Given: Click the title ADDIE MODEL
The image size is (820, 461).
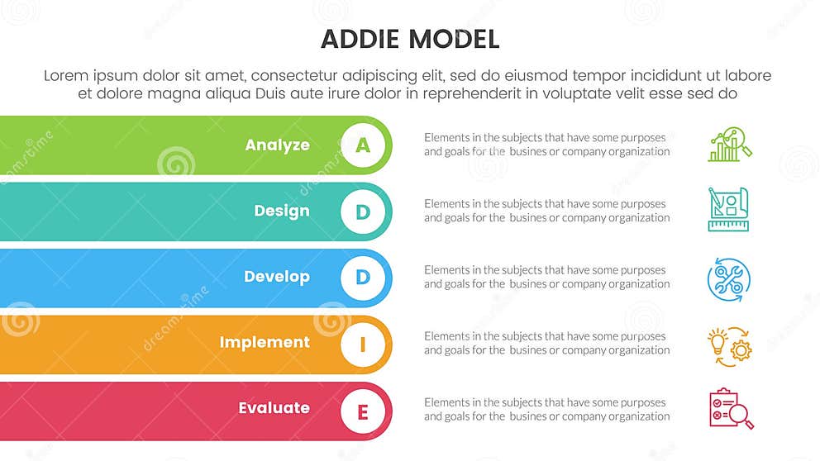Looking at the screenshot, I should pyautogui.click(x=409, y=39).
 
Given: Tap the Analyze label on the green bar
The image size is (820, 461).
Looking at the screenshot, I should pyautogui.click(x=277, y=145).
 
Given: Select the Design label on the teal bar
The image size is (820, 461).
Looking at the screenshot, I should pyautogui.click(x=282, y=211).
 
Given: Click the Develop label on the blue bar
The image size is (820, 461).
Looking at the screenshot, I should pyautogui.click(x=277, y=277).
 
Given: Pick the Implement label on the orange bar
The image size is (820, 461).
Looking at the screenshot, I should pyautogui.click(x=265, y=343).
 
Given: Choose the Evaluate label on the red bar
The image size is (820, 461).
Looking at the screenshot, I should pyautogui.click(x=274, y=408).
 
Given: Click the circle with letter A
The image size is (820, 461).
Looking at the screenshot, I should pyautogui.click(x=362, y=145).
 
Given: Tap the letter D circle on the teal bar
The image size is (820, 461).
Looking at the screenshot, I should pyautogui.click(x=362, y=212).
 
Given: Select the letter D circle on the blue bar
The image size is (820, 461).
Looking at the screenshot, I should pyautogui.click(x=362, y=278).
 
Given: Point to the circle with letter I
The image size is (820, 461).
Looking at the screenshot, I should pyautogui.click(x=362, y=344).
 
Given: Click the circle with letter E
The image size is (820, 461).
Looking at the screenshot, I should pyautogui.click(x=362, y=410).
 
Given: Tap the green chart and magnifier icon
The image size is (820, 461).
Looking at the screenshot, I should pyautogui.click(x=730, y=145).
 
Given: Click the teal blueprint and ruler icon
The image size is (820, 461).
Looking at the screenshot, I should pyautogui.click(x=728, y=210).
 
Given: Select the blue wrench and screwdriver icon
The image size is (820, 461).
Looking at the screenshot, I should pyautogui.click(x=728, y=278).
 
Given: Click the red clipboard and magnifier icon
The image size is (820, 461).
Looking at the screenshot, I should pyautogui.click(x=731, y=409).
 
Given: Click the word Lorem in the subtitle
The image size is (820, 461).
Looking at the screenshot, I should pyautogui.click(x=65, y=75).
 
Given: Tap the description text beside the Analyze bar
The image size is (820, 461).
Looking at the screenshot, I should pyautogui.click(x=546, y=145).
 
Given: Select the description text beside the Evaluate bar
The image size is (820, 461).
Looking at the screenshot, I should pyautogui.click(x=546, y=409).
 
